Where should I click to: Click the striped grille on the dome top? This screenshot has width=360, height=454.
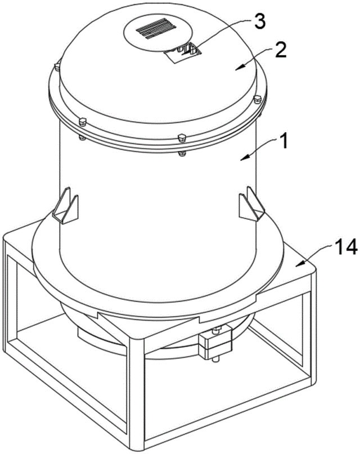pos(156,28)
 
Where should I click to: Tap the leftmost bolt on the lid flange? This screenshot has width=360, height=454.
pos(57,66)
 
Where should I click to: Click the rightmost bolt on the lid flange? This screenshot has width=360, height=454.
pos(257,99)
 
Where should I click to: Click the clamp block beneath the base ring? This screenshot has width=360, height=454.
pos(215,343)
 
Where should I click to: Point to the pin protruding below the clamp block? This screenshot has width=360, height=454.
pos(215,359)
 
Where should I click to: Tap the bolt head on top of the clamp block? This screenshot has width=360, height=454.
pos(217,329)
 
